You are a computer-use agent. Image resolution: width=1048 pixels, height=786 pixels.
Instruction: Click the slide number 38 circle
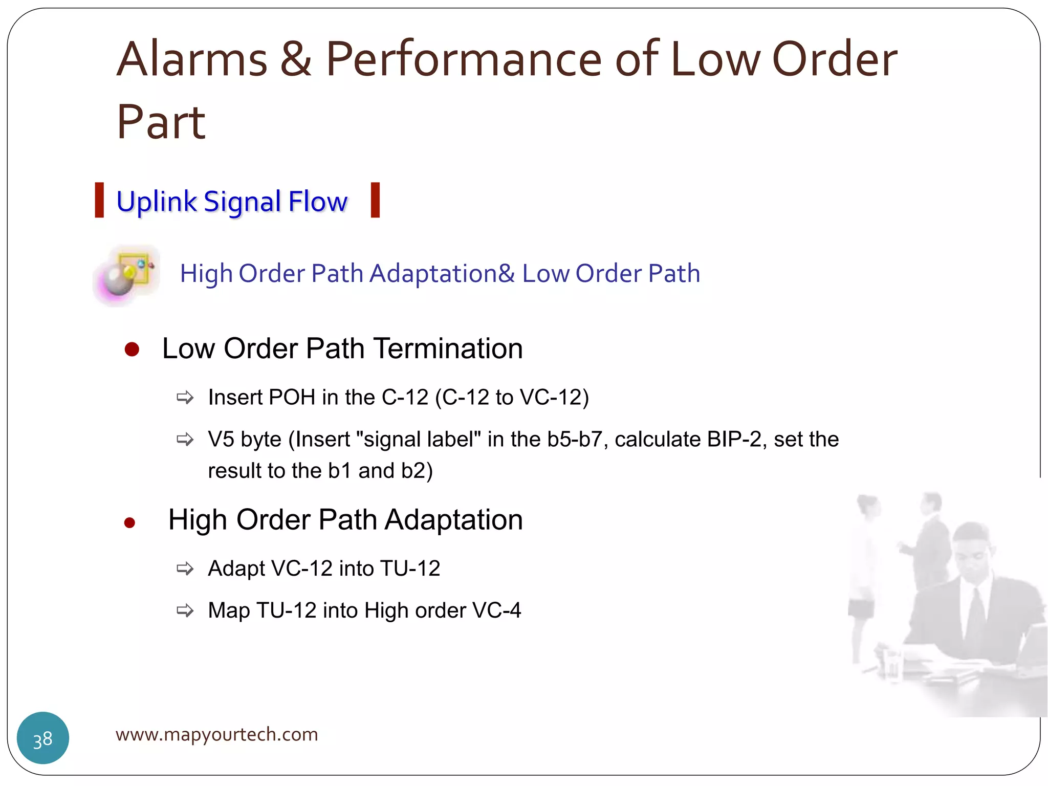(43, 738)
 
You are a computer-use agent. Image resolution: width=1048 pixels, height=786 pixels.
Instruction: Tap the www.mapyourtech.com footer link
(216, 734)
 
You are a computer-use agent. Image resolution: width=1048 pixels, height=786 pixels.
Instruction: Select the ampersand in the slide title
(296, 60)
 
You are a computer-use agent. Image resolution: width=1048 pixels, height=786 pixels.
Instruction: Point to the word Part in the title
(161, 123)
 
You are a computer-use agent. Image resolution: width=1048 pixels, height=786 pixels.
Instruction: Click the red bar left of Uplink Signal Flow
(99, 200)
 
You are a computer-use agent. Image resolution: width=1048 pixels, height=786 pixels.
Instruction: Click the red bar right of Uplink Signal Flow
(375, 200)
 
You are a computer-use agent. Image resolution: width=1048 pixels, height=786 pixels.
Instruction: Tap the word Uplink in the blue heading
(156, 201)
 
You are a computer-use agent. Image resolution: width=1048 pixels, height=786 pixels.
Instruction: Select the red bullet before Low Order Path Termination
(132, 350)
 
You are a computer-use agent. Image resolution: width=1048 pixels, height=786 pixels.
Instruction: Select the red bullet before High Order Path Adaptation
(129, 522)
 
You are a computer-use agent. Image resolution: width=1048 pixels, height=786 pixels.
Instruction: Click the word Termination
(448, 349)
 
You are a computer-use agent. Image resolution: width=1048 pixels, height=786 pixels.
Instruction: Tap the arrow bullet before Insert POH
(185, 398)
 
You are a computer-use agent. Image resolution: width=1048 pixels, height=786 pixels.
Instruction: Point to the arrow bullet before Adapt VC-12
(185, 569)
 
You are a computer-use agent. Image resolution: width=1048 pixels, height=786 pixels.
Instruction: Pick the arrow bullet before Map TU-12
(185, 610)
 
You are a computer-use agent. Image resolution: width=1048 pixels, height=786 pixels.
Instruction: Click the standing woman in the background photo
(865, 563)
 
